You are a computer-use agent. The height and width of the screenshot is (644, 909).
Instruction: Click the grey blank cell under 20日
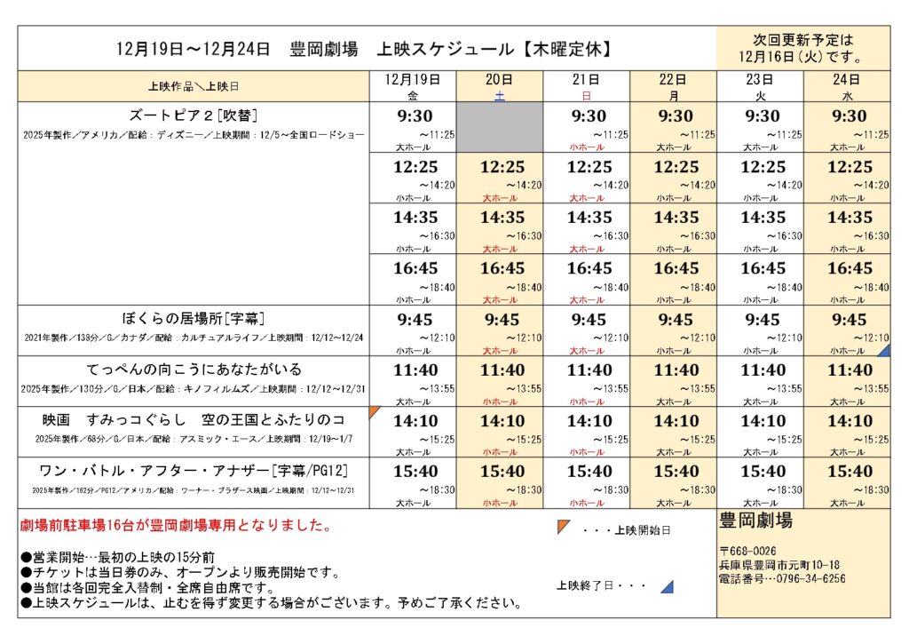[500, 127]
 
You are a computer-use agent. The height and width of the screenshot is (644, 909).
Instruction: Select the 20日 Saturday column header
[500, 86]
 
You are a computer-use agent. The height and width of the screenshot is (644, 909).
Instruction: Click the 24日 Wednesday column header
[848, 86]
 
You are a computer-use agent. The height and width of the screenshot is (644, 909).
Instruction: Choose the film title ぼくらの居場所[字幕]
[194, 318]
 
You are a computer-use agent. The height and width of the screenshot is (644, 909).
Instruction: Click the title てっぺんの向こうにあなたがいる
[194, 369]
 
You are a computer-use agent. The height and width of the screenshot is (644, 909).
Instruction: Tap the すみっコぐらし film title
[194, 419]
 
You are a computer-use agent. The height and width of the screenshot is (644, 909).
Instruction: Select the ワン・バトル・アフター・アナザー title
[194, 470]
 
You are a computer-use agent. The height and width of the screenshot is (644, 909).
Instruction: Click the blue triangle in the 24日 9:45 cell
[884, 351]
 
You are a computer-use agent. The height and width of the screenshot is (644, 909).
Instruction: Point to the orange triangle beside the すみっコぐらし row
[374, 411]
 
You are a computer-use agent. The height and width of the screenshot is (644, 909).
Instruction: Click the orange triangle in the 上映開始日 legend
[563, 527]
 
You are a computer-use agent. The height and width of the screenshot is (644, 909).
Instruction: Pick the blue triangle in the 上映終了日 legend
[667, 587]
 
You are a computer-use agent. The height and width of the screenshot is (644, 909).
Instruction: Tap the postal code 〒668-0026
[748, 551]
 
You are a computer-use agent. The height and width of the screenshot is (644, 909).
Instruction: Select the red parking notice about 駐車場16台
[176, 526]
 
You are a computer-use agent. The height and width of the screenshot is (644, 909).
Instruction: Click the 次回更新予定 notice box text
[802, 49]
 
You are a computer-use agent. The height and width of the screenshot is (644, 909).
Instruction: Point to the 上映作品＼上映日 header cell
[194, 86]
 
